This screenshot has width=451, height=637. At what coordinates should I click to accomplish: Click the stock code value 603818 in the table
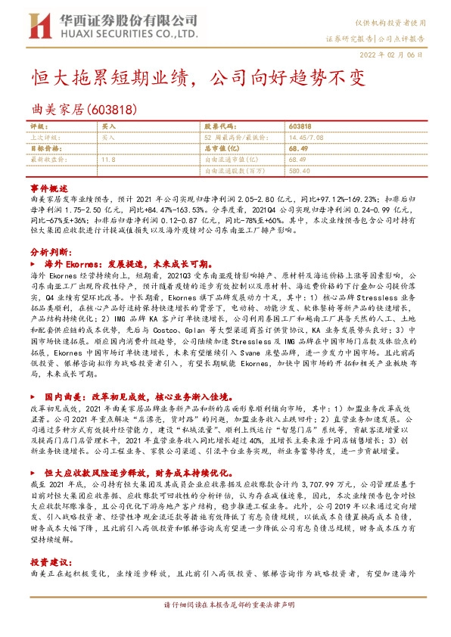300,126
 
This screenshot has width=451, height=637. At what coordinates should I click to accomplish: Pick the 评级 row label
37,126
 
